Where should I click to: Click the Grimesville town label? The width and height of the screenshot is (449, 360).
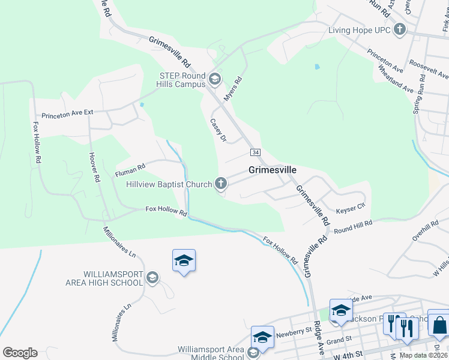coord(273,170)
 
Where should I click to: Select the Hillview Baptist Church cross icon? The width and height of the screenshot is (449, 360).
coord(221,184)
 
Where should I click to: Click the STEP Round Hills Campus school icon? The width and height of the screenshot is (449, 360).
coord(214,79)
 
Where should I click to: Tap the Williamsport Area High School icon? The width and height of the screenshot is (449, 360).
coord(152,277)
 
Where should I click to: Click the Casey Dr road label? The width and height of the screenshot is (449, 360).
coord(217,130)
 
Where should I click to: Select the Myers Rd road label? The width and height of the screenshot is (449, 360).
coord(232,88)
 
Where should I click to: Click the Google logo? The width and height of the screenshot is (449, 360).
coord(20,353)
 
